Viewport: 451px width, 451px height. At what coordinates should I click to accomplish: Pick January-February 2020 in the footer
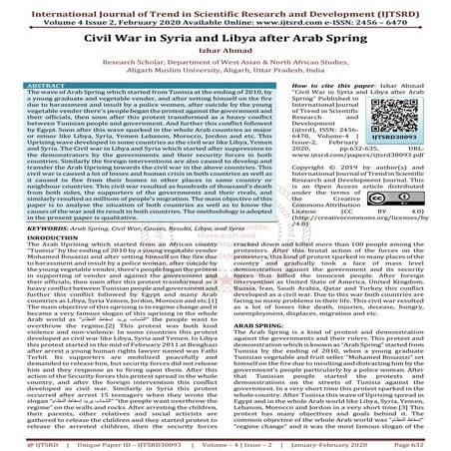330,442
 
